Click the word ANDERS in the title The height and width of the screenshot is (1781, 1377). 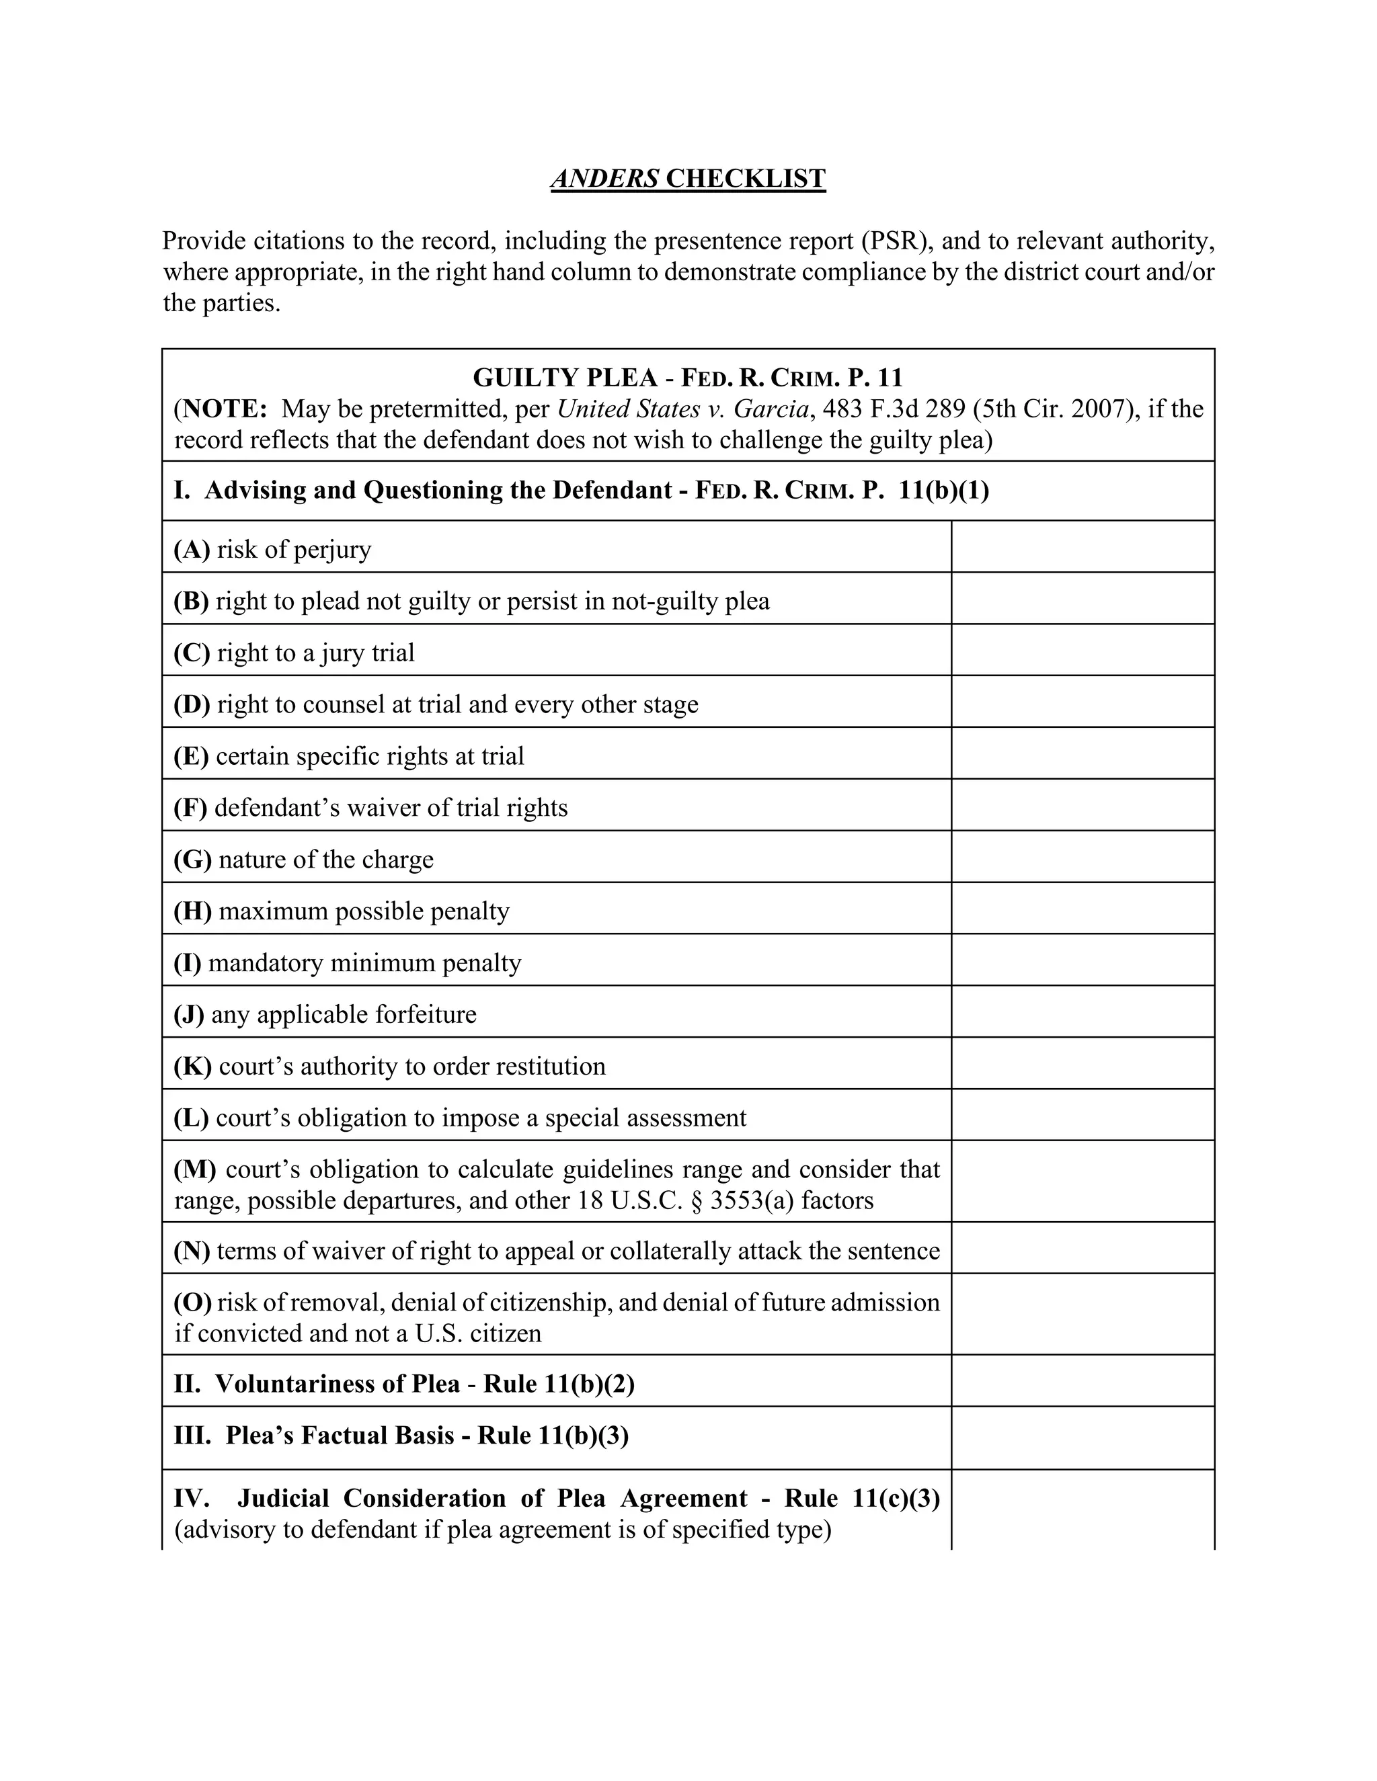[x=604, y=179]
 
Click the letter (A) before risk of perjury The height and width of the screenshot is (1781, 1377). [x=192, y=550]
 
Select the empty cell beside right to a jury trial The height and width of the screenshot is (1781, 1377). [x=1083, y=650]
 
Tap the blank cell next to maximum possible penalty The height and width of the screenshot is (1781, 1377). [x=1083, y=909]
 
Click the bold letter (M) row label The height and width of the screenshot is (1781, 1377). [x=194, y=1169]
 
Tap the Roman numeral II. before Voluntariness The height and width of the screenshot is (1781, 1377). [x=187, y=1384]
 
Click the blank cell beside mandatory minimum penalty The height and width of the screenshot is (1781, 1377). [x=1083, y=960]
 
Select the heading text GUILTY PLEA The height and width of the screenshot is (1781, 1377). [x=565, y=378]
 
